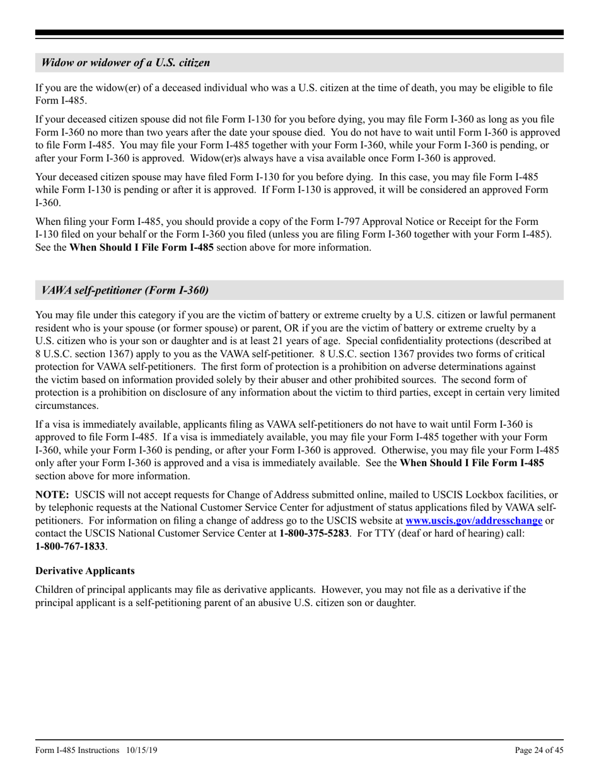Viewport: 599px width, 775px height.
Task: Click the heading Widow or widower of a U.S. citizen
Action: tap(125, 62)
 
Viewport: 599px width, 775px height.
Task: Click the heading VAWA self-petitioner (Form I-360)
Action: tap(124, 290)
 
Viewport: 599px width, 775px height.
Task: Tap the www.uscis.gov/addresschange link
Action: tap(474, 521)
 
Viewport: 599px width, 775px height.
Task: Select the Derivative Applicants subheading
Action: tap(85, 571)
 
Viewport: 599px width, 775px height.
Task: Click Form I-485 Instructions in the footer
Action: tap(78, 750)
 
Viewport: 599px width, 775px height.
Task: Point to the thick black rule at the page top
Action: tap(299, 33)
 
